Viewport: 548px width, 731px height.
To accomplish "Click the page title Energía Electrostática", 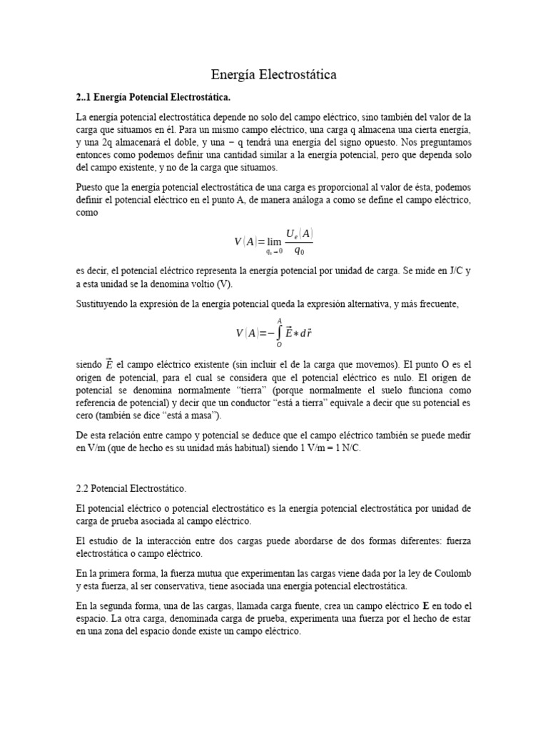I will (274, 74).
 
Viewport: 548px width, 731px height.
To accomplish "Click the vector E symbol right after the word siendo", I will (109, 365).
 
